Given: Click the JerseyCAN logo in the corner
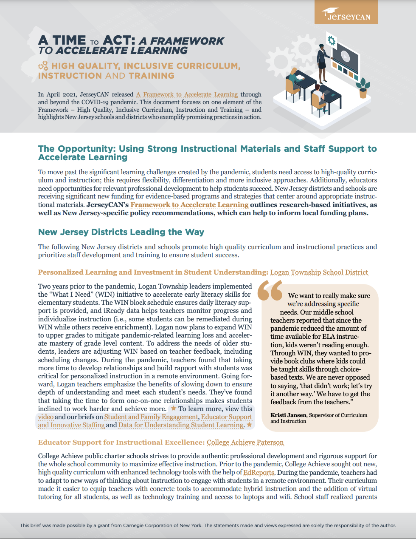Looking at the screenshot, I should tap(346, 13).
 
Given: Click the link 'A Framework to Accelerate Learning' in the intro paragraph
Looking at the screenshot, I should tap(187, 94).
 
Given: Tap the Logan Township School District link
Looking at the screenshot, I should tap(319, 272).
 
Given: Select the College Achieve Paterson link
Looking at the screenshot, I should tap(245, 443).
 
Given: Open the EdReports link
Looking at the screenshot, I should tap(259, 472).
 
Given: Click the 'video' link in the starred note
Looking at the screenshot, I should tap(46, 417).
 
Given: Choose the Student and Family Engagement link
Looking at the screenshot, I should tap(151, 417).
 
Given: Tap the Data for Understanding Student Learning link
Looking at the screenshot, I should tap(181, 425).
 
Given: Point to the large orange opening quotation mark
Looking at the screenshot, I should tap(270, 290).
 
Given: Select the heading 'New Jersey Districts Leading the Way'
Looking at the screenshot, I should tap(121, 232).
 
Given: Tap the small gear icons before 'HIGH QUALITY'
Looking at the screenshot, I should tap(43, 66).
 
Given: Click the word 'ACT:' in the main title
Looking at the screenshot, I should tap(119, 40).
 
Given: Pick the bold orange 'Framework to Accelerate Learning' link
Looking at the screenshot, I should tap(189, 205).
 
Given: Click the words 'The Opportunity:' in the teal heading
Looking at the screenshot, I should tap(77, 149).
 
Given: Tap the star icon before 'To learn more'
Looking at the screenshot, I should tap(173, 409).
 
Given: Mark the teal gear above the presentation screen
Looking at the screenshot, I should tap(332, 40).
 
